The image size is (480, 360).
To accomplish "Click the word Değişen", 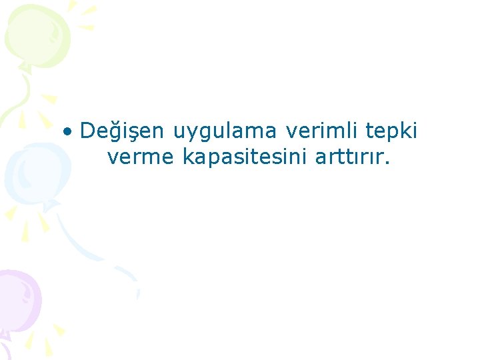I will pos(121,131).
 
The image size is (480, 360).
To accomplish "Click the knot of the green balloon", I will pos(25,67).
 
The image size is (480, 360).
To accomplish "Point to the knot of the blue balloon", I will pos(48,205).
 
